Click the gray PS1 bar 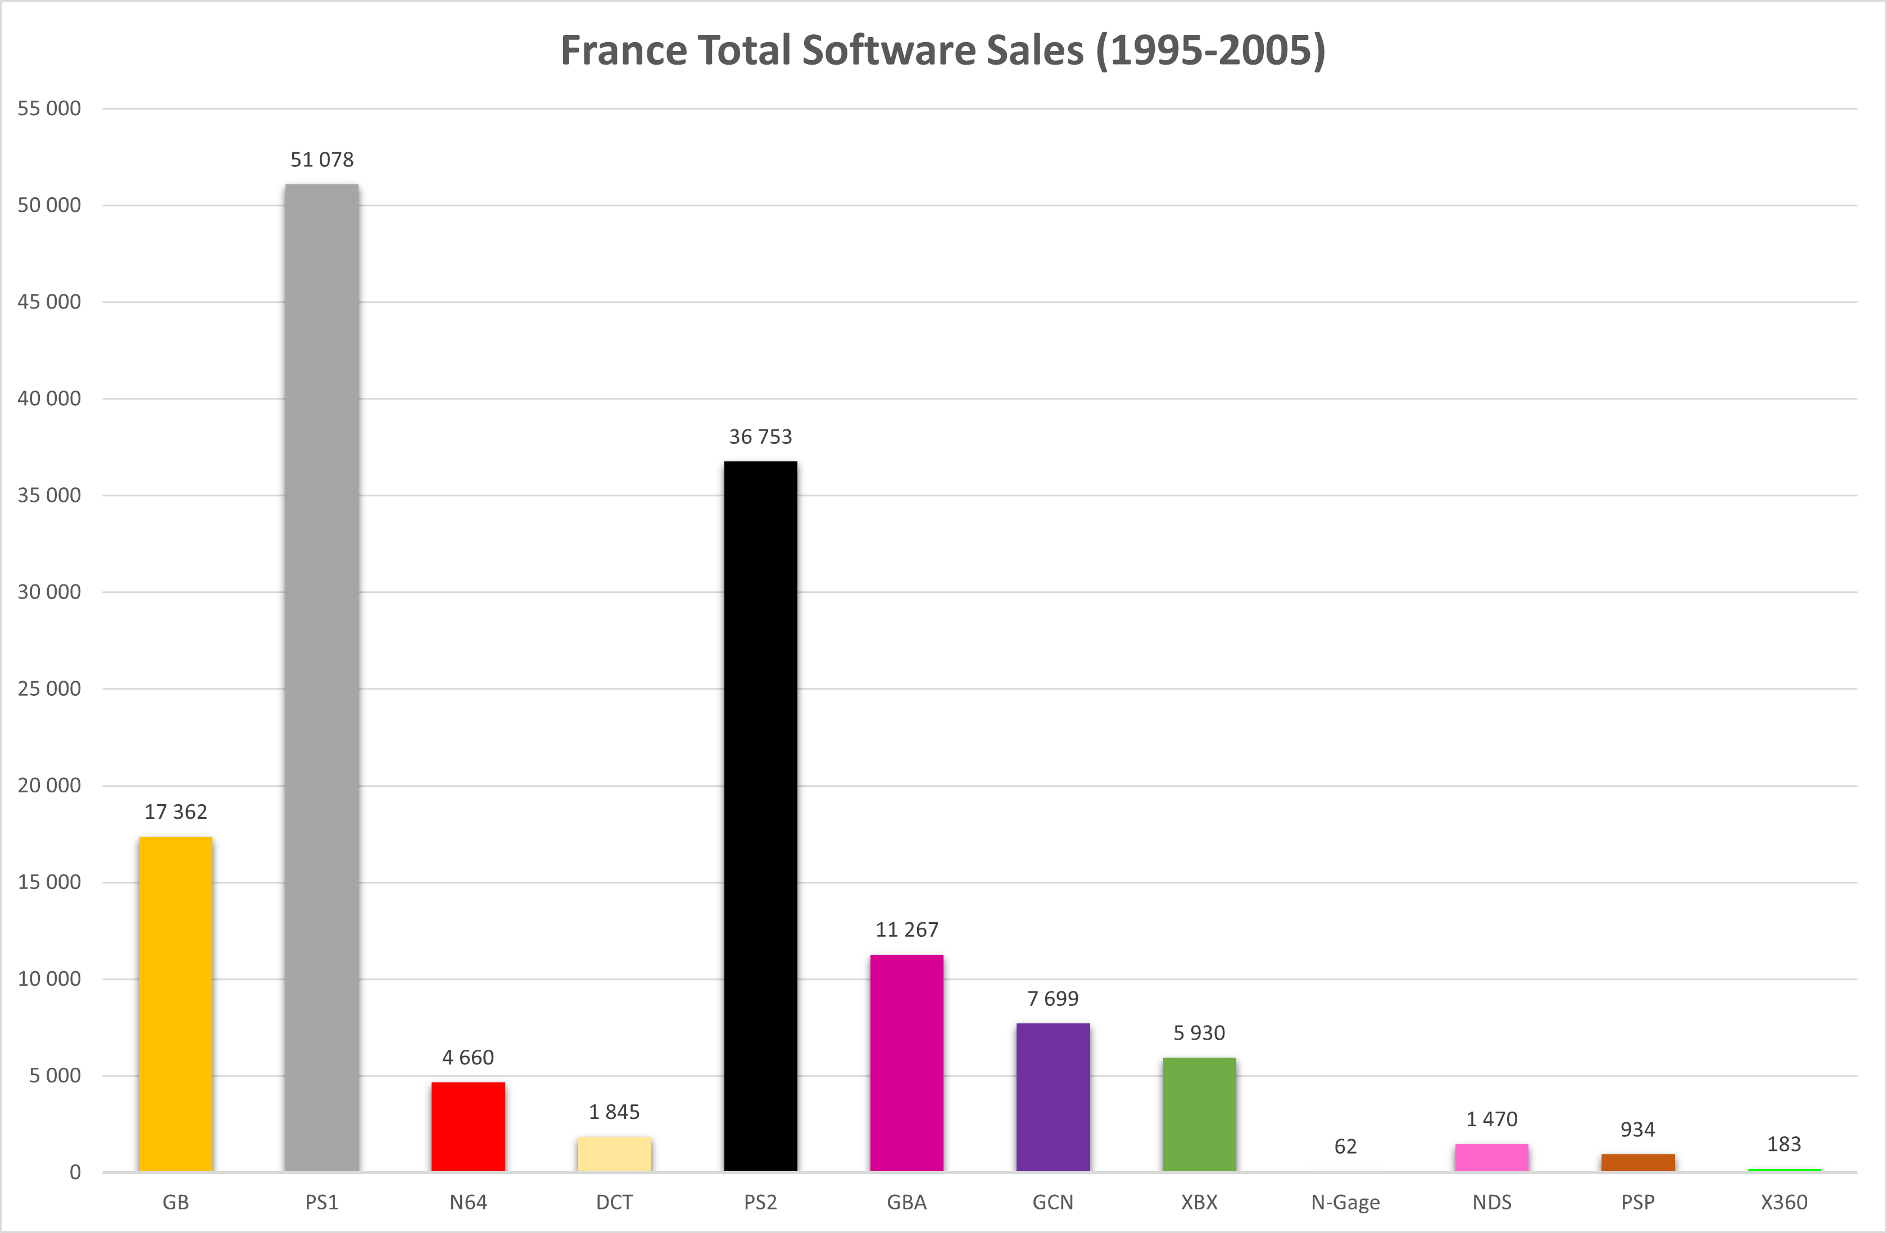322,677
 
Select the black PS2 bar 760,816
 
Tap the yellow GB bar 175,1004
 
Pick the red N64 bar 468,1127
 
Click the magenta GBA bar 907,1063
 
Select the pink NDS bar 1491,1157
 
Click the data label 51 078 322,160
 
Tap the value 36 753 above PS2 760,437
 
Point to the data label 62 1345,1146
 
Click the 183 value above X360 1784,1144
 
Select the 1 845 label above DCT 614,1113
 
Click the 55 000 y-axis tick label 49,108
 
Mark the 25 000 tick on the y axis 49,689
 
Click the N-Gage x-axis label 1345,1203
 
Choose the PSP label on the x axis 1638,1203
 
